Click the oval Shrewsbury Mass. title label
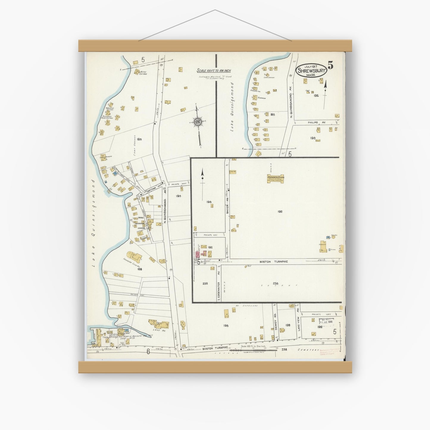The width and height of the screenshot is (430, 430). pos(311,71)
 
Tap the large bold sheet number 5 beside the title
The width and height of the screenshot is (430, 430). pos(330,65)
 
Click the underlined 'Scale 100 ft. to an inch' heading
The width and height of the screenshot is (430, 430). pos(214,71)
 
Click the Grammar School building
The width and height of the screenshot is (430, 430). pos(276,179)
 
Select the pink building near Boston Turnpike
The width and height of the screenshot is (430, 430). pos(197,255)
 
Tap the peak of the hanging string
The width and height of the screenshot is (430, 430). pos(215,10)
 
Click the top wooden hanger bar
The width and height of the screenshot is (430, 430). pos(215,46)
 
